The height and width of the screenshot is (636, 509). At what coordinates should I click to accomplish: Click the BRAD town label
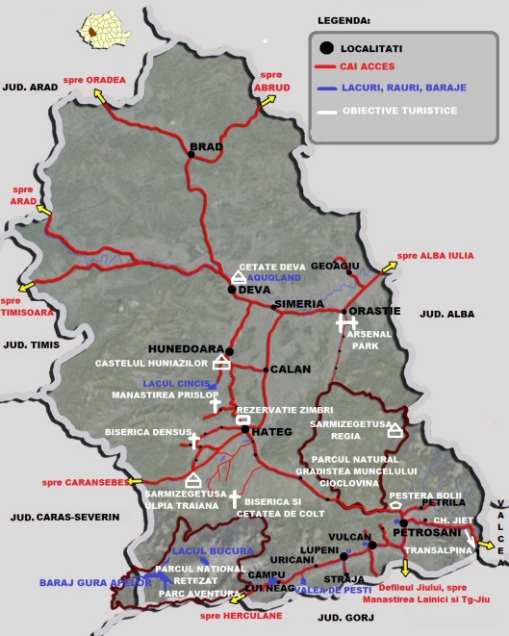click(206, 147)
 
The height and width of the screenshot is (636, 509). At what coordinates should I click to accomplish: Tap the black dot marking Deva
click(232, 289)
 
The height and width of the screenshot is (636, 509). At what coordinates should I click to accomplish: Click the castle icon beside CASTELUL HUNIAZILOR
click(222, 362)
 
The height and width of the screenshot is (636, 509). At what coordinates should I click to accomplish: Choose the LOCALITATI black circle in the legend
click(325, 47)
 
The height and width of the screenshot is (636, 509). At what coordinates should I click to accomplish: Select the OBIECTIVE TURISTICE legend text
click(402, 111)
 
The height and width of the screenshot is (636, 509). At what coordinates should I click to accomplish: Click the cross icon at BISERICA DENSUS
click(194, 441)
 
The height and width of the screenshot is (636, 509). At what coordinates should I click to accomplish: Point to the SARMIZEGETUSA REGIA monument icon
click(394, 430)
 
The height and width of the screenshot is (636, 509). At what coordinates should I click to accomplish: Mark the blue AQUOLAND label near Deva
click(273, 277)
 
